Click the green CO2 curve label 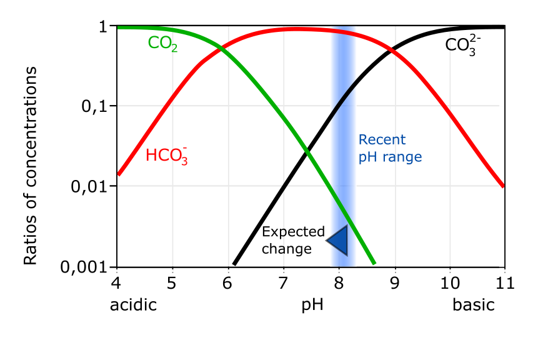point(162,44)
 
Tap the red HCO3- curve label point(167,156)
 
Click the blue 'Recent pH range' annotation point(390,148)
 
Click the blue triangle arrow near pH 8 point(337,240)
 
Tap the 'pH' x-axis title point(312,306)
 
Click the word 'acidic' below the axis point(132,306)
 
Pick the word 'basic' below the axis point(474,306)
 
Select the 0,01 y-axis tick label point(90,186)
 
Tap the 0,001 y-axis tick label point(86,267)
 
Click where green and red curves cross point(221,47)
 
